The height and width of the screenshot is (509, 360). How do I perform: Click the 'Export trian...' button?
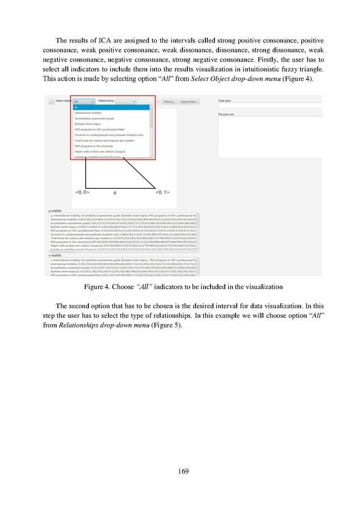(188, 101)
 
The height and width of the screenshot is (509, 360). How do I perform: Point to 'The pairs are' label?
(226, 114)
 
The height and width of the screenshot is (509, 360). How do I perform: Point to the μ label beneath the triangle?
(115, 193)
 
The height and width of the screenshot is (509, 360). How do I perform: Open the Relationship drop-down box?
(126, 101)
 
